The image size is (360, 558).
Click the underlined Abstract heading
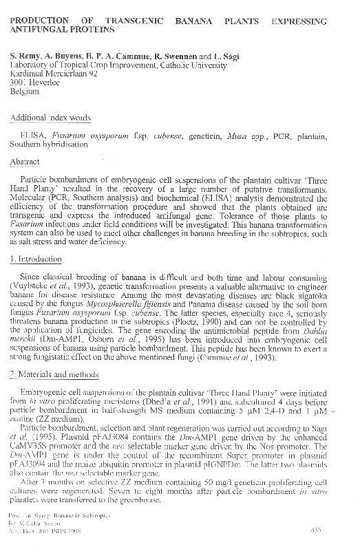click(x=25, y=162)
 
